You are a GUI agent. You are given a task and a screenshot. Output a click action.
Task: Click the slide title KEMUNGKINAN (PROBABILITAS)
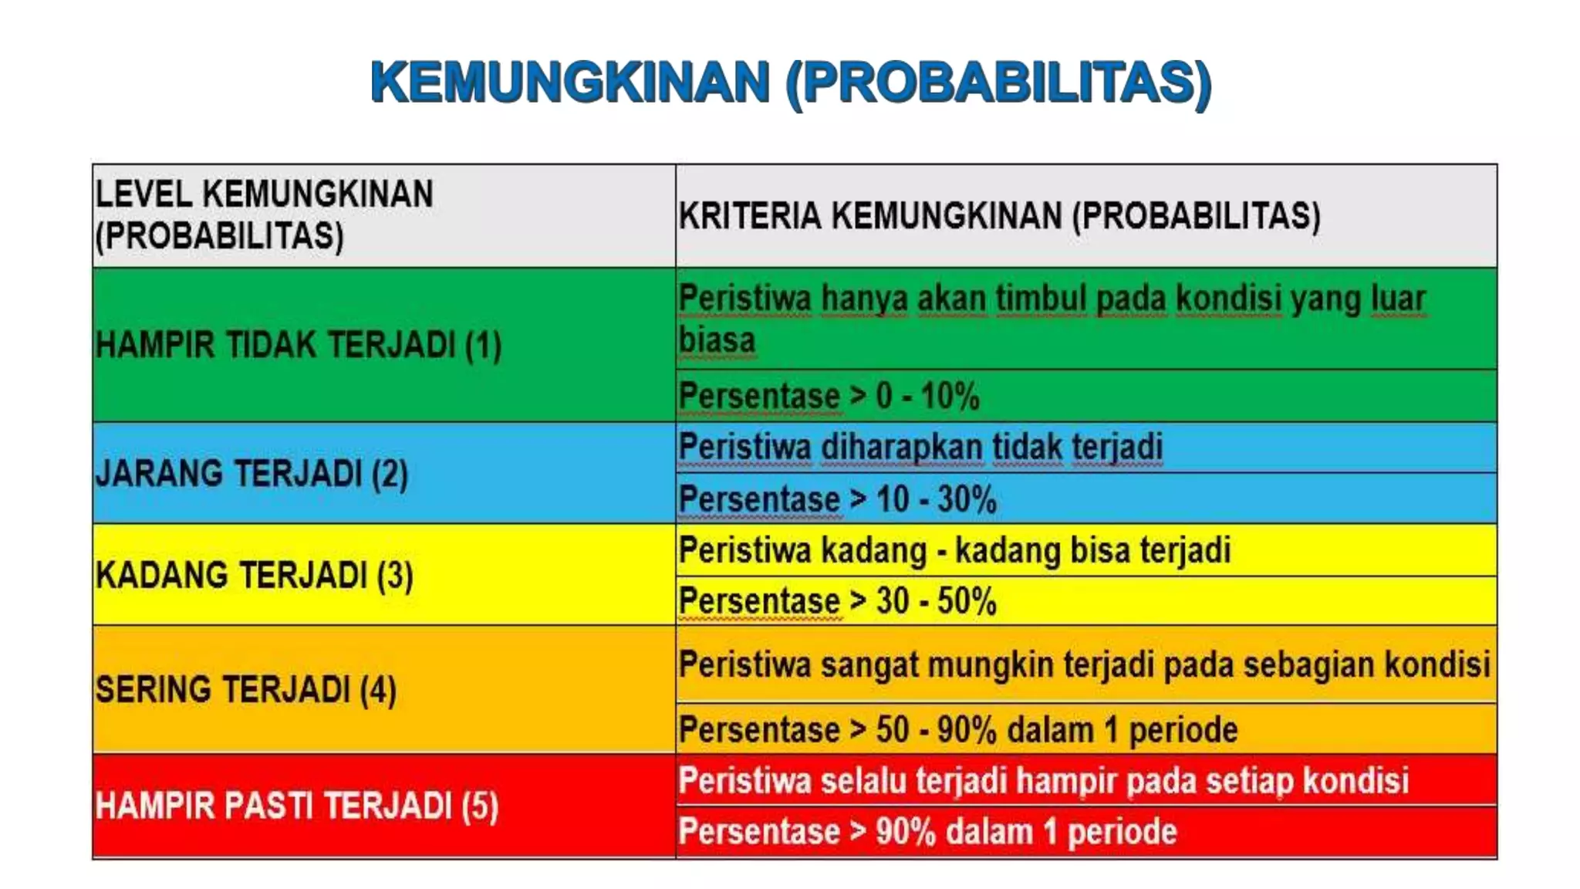[791, 83]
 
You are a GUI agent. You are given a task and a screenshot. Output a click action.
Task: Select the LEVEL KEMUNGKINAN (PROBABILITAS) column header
[264, 215]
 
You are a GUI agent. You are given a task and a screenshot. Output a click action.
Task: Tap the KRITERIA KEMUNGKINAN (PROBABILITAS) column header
[999, 215]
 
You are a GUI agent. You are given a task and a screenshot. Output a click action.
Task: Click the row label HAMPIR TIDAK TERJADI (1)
[299, 344]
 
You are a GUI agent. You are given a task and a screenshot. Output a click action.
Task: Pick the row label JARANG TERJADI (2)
[252, 473]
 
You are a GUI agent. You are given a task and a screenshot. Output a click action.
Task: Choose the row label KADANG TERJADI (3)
[254, 576]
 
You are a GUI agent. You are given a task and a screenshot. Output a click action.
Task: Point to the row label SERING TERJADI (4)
[245, 689]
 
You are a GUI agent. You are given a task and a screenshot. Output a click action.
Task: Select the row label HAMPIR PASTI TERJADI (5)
[297, 806]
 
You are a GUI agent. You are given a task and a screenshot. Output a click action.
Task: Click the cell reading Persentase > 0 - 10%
[829, 396]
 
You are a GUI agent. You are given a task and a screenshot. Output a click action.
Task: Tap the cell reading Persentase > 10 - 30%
[837, 499]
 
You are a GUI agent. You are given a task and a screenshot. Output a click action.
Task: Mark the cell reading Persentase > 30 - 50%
[837, 600]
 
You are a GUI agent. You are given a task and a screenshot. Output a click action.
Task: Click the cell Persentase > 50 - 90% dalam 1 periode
[957, 729]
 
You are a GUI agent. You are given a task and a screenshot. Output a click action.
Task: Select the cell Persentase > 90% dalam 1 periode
[927, 832]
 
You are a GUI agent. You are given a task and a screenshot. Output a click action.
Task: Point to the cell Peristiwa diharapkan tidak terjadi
[920, 447]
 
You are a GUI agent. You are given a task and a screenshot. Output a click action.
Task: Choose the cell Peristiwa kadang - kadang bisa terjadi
[954, 550]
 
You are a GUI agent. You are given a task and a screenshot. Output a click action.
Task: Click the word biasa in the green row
[717, 340]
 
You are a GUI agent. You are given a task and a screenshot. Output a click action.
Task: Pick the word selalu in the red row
[863, 780]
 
